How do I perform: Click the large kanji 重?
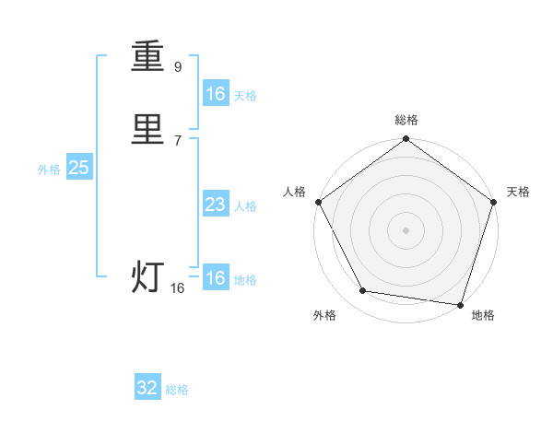(148, 57)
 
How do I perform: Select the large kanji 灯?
(148, 277)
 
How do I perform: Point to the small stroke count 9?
(178, 67)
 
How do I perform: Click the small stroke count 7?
(178, 140)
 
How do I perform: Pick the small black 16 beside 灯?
(178, 288)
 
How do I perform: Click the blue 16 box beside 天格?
(216, 94)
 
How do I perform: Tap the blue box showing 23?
(216, 205)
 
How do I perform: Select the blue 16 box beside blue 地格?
(216, 278)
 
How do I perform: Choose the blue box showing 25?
(78, 168)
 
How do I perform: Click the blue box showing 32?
(147, 388)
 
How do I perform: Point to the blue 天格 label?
(245, 96)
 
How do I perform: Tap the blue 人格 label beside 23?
(245, 206)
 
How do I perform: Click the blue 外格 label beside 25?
(49, 170)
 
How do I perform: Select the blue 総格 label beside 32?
(177, 390)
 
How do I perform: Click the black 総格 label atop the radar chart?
(406, 120)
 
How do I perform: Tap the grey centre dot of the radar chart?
(406, 229)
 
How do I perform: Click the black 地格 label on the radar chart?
(483, 316)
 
